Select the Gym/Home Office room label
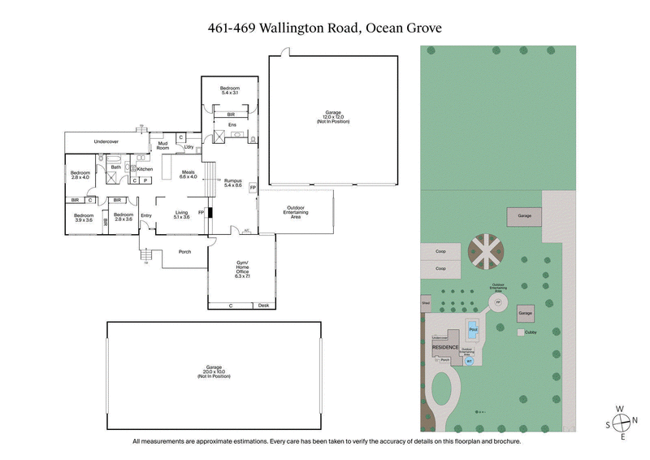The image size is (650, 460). pyautogui.click(x=241, y=270)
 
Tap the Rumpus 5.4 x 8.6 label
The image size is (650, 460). pyautogui.click(x=234, y=181)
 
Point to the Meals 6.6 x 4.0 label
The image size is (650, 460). pyautogui.click(x=188, y=174)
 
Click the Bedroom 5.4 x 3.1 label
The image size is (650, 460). pyautogui.click(x=231, y=90)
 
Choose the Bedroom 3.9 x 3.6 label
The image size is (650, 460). pyautogui.click(x=84, y=217)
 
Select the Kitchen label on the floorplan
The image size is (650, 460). pyautogui.click(x=145, y=169)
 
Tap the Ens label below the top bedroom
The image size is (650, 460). pyautogui.click(x=232, y=125)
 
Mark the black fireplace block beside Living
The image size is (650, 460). pyautogui.click(x=210, y=214)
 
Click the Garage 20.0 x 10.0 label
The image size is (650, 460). pyautogui.click(x=214, y=373)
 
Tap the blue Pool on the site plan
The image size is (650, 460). pyautogui.click(x=472, y=329)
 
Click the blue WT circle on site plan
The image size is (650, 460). pyautogui.click(x=468, y=362)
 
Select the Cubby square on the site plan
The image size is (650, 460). pyautogui.click(x=520, y=332)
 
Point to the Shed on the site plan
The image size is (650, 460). pyautogui.click(x=425, y=302)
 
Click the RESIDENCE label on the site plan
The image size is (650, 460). pyautogui.click(x=444, y=347)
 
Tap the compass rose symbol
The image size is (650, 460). pyautogui.click(x=622, y=422)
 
